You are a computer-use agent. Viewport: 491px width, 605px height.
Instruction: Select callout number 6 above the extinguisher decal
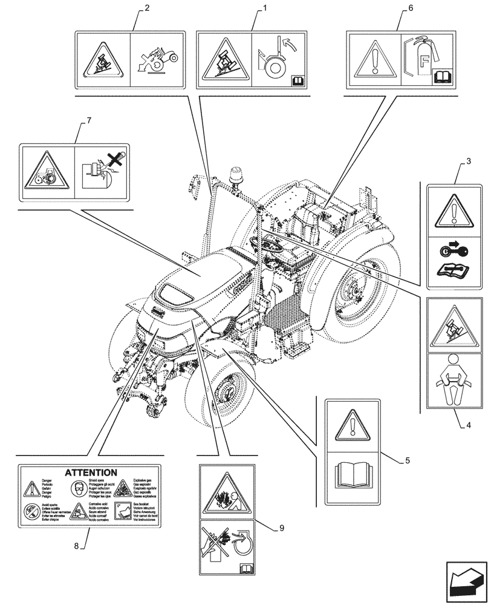pyautogui.click(x=411, y=10)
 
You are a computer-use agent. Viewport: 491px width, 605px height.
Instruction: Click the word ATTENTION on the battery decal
pyautogui.click(x=91, y=473)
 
